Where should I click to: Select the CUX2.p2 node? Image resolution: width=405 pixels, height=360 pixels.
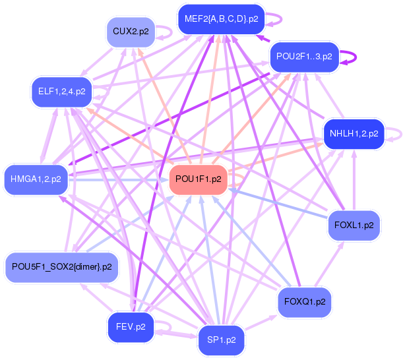131,31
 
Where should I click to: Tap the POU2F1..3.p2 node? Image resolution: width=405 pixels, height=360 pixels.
304,57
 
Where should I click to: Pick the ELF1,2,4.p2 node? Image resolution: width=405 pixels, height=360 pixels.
62,91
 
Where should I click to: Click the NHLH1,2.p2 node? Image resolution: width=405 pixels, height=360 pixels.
354,134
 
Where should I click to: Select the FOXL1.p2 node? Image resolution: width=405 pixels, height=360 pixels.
354,225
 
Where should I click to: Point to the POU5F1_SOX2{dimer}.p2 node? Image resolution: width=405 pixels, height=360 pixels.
61,267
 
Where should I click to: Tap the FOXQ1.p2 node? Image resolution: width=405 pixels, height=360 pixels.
304,301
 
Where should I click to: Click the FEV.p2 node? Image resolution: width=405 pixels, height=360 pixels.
131,326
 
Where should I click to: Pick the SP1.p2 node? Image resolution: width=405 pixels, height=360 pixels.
222,340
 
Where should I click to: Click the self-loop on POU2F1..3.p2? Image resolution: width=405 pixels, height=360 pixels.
355,57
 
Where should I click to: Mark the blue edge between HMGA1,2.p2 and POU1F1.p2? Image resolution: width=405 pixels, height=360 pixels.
119,179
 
